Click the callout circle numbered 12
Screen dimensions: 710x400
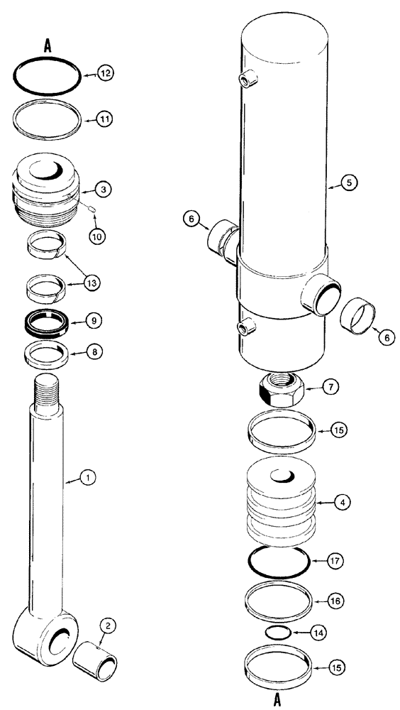(105, 73)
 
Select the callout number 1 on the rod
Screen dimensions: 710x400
(87, 479)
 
